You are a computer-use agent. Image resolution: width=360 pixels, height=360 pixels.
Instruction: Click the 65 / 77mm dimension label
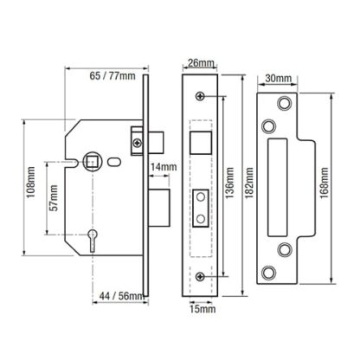tap(112, 76)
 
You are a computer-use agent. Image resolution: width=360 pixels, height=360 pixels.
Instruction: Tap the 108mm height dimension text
tap(31, 182)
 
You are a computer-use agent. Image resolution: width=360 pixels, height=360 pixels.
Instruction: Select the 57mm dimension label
tap(54, 198)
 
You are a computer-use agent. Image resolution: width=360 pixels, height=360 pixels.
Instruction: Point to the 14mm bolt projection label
tap(164, 167)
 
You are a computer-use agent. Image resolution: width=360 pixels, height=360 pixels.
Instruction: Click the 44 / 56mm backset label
tap(121, 296)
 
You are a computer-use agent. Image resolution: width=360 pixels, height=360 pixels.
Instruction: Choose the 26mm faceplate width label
tap(201, 63)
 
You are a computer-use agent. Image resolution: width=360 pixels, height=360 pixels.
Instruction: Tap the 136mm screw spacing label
tap(229, 183)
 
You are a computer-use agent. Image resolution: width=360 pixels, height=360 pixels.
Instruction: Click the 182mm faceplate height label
tap(249, 183)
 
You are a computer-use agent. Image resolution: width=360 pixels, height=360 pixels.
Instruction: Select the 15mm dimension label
tap(202, 309)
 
